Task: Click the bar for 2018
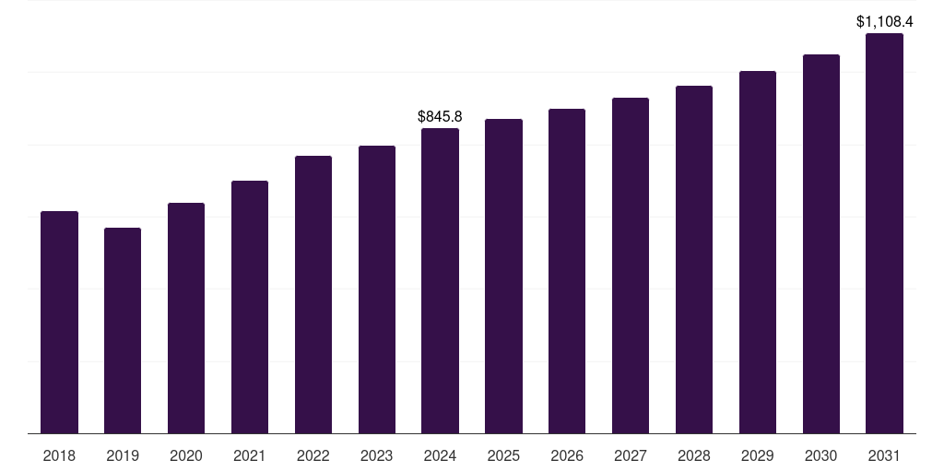[x=59, y=323]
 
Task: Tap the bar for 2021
[x=250, y=307]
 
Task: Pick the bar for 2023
[x=377, y=289]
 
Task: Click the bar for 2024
[x=441, y=280]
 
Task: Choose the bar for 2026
[x=567, y=271]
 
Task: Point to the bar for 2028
[x=694, y=259]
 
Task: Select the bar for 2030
[x=821, y=243]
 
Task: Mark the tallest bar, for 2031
[x=884, y=233]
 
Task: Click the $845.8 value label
[x=440, y=117]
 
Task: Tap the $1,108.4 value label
[x=884, y=21]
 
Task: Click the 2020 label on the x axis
[x=186, y=455]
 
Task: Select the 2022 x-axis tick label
[x=313, y=455]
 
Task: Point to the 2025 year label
[x=503, y=455]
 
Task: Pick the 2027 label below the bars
[x=631, y=455]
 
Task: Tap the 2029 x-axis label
[x=758, y=455]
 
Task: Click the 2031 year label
[x=884, y=455]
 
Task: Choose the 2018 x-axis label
[x=59, y=455]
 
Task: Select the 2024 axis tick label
[x=441, y=455]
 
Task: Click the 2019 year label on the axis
[x=123, y=455]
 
